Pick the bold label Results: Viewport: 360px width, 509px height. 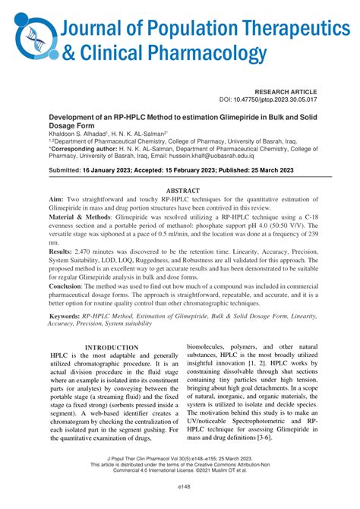pos(64,250)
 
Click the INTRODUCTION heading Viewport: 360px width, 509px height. pos(111,347)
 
